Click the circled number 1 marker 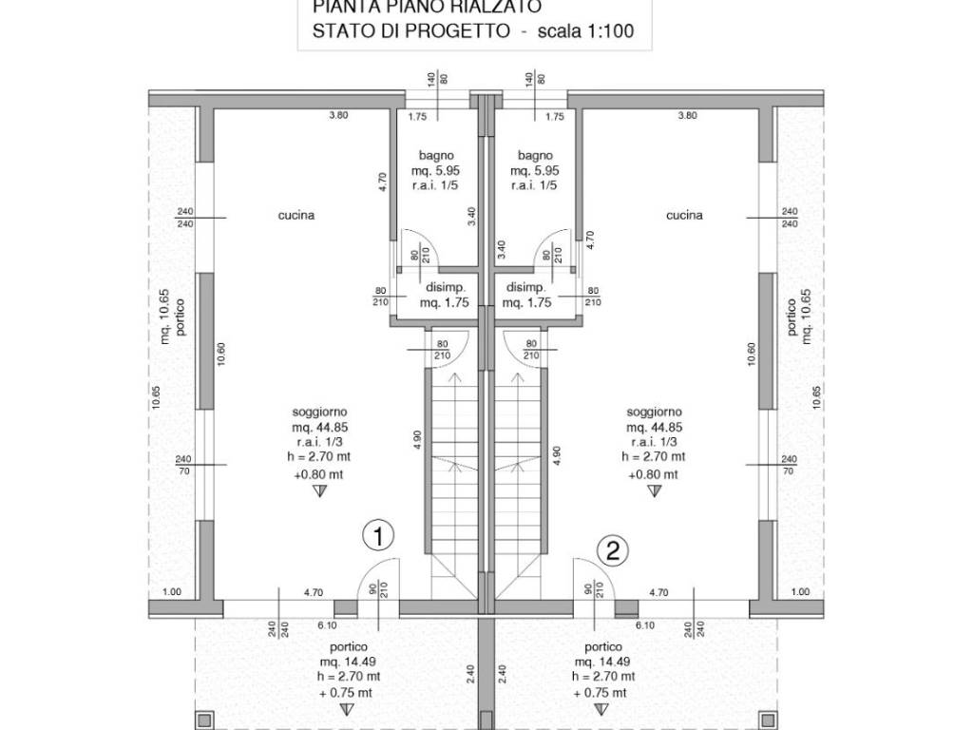pos(378,536)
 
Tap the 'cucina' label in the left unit pos(296,216)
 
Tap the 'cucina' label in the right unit pos(684,216)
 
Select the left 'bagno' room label pos(436,155)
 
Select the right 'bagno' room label pos(536,155)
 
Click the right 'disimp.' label pos(525,288)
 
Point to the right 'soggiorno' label pos(654,413)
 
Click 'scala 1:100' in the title pos(584,31)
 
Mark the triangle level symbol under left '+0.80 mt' pos(319,490)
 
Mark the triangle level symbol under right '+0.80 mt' pos(654,490)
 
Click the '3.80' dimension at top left pos(338,116)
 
